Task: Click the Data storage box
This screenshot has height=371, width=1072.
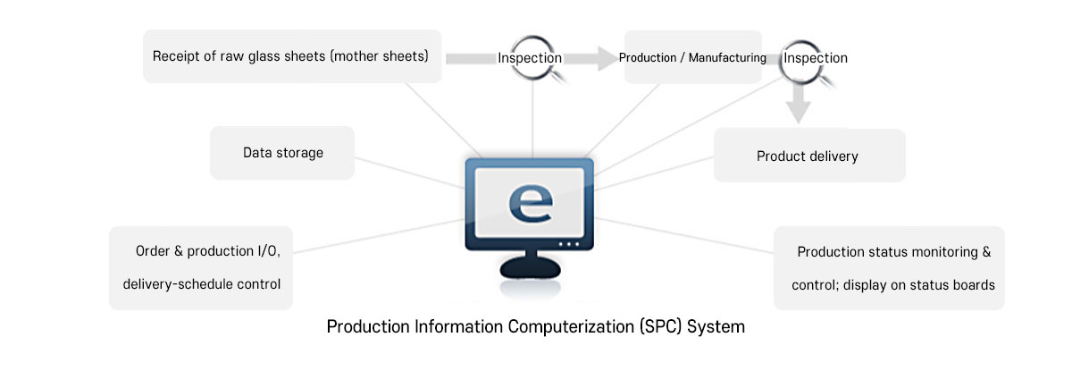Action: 282,153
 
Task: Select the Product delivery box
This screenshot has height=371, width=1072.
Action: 808,156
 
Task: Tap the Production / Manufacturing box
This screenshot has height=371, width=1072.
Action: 692,58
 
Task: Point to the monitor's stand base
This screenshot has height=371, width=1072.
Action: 530,267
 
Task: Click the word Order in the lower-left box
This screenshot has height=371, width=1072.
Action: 154,252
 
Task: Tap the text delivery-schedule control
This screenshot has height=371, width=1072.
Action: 201,284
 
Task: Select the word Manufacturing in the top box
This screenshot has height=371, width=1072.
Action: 724,58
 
